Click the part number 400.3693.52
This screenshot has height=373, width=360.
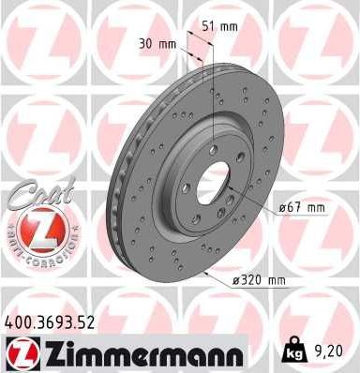click(x=48, y=322)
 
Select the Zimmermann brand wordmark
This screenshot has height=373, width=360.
click(x=138, y=353)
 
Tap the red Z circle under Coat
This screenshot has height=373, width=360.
click(x=39, y=230)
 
